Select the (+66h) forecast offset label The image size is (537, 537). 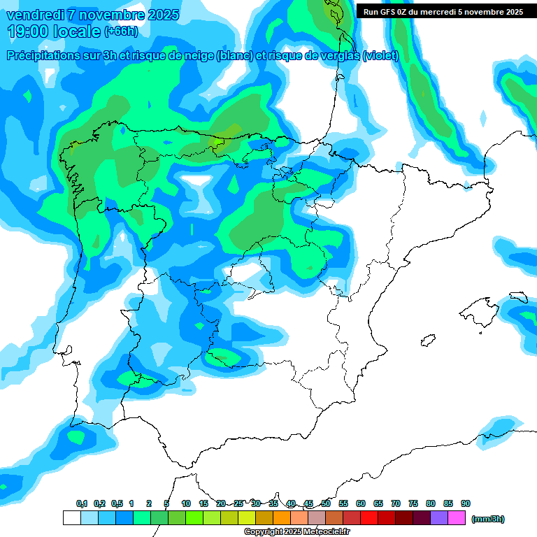coord(121,31)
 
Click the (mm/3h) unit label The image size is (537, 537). coord(488,519)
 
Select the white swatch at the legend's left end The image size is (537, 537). coord(71,518)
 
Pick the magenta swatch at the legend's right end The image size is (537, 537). coord(457,518)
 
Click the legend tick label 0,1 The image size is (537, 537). coord(82,503)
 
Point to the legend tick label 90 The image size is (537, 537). coord(466,503)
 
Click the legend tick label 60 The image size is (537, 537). coord(361,503)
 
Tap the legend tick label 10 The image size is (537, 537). coord(186,503)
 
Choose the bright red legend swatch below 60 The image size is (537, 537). coord(369,518)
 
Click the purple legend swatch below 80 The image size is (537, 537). coord(439,518)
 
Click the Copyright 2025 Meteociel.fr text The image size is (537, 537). coord(297,531)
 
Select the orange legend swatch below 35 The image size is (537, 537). coord(282,518)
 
